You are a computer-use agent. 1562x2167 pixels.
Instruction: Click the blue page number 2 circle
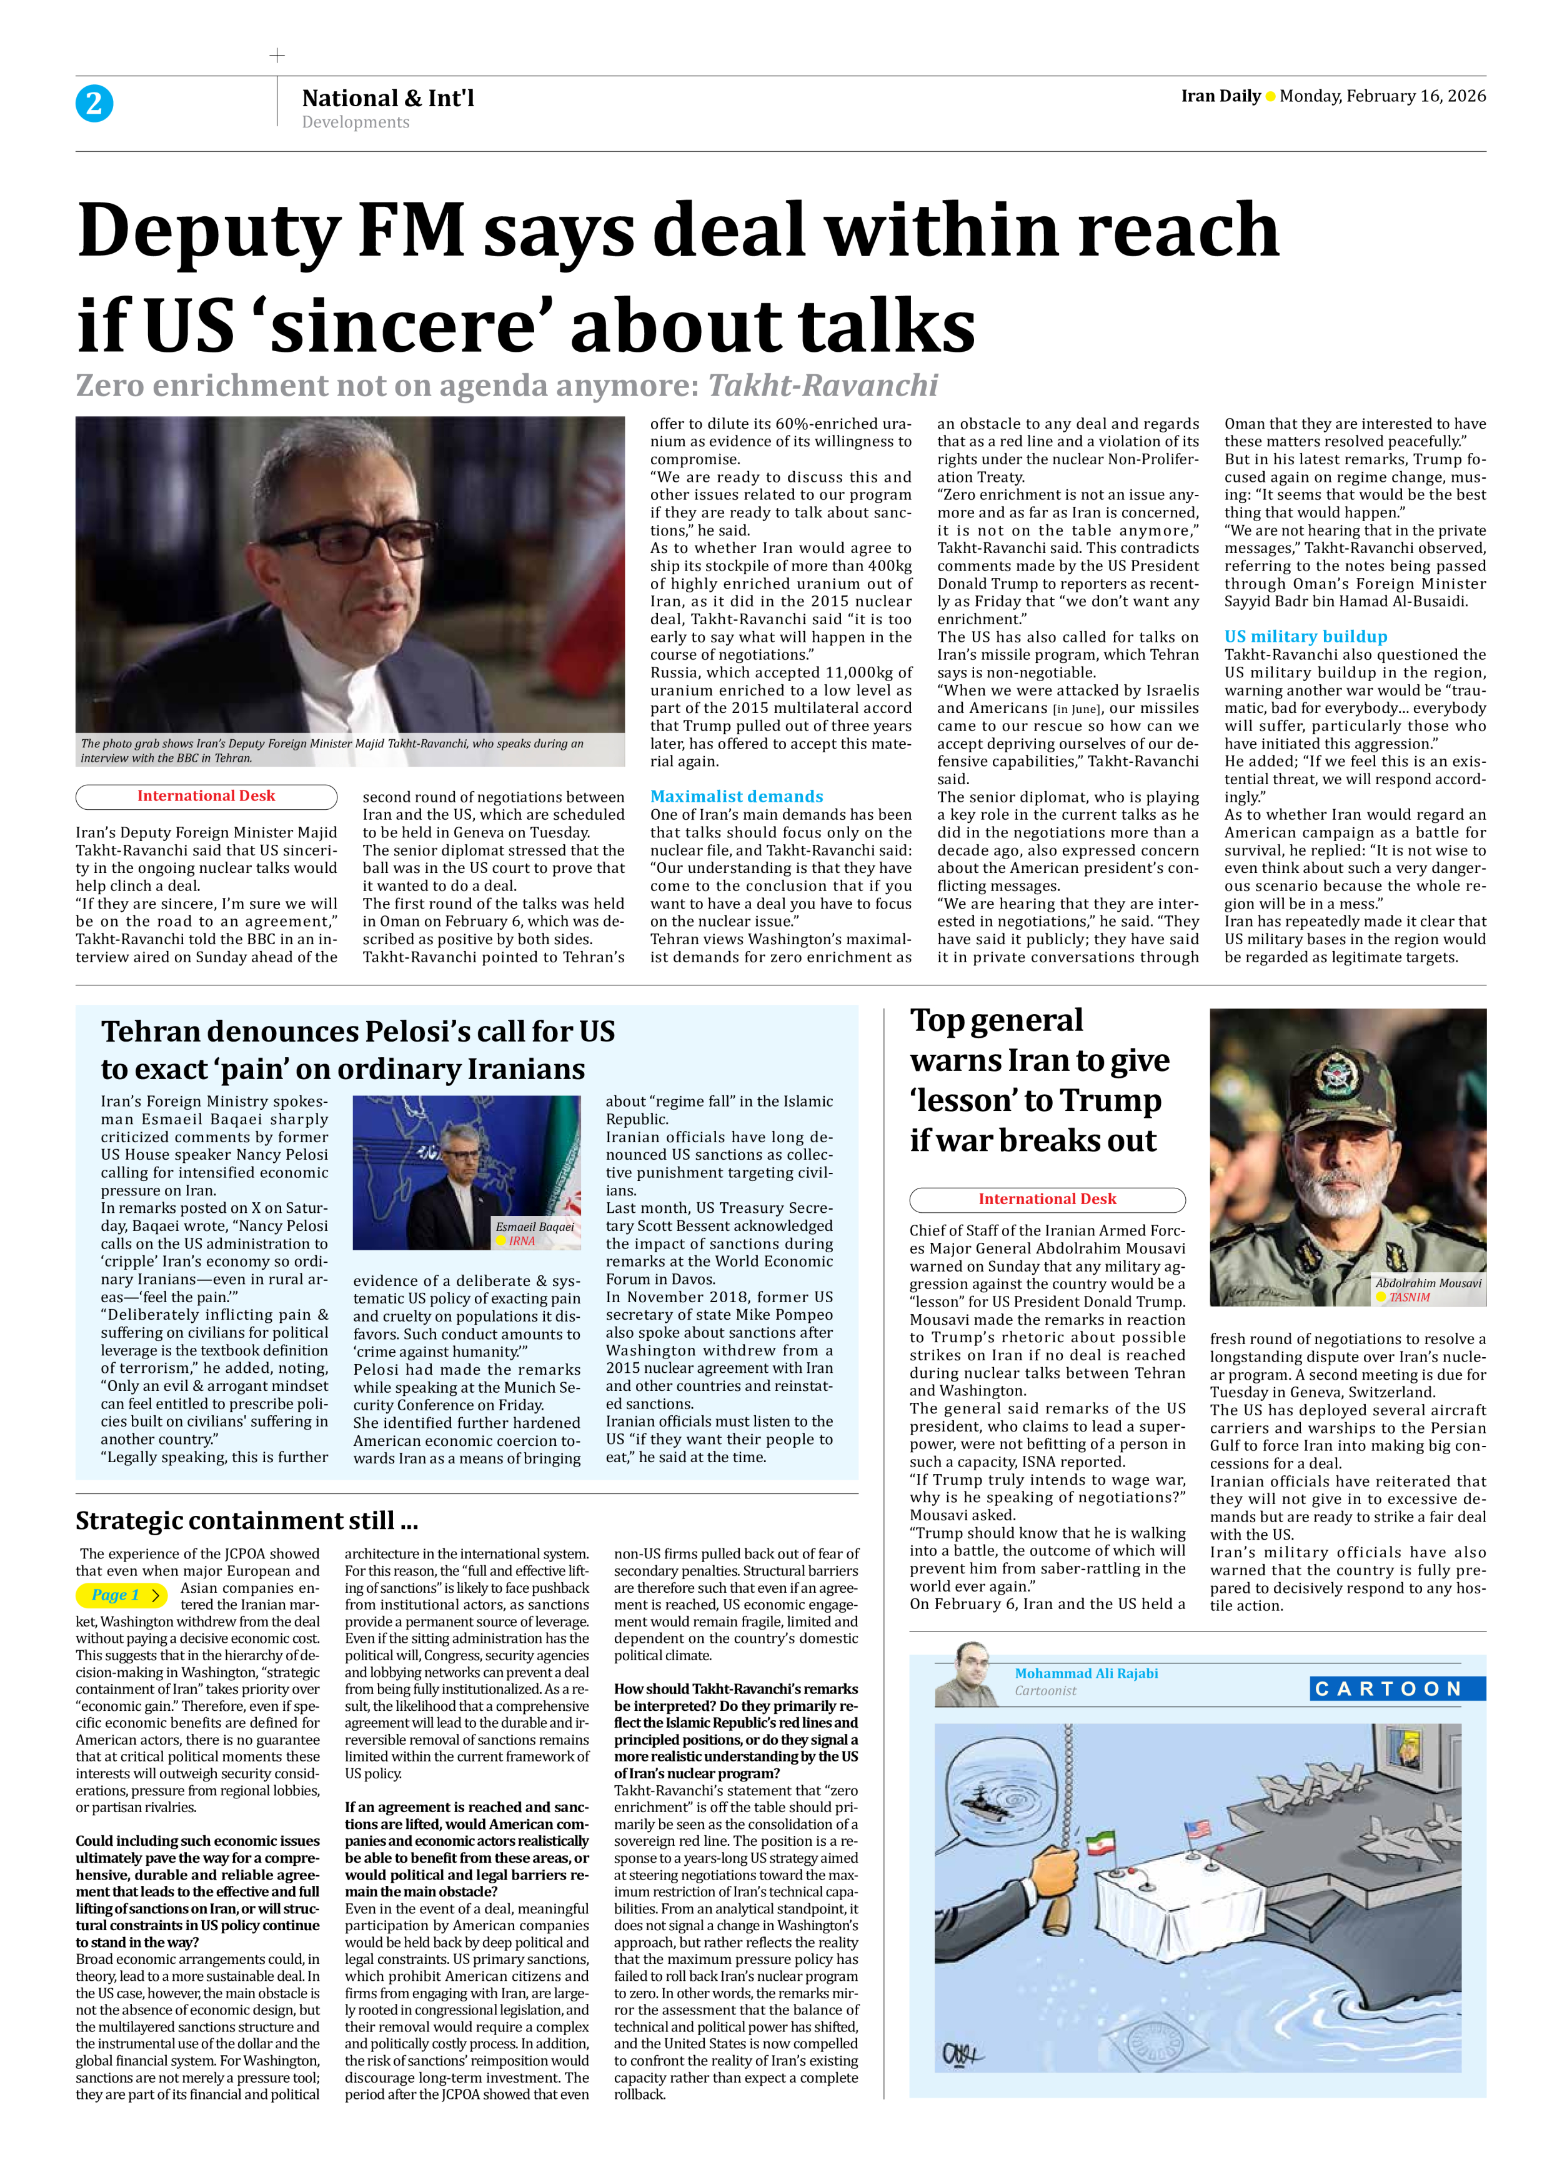tap(94, 103)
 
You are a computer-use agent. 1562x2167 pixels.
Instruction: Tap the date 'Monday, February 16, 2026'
tap(1383, 96)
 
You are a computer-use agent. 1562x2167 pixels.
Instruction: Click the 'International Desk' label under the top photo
tap(206, 796)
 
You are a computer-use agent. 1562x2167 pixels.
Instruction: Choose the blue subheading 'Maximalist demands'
tap(737, 796)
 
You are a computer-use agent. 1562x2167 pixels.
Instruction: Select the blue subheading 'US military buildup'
tap(1305, 636)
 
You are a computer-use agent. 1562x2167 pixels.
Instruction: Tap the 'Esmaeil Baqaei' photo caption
tap(535, 1227)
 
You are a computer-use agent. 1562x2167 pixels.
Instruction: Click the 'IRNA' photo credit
tap(522, 1241)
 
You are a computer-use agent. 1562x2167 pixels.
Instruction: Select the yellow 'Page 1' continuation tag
tap(121, 1595)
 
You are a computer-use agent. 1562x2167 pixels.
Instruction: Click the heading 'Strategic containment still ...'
tap(246, 1520)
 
